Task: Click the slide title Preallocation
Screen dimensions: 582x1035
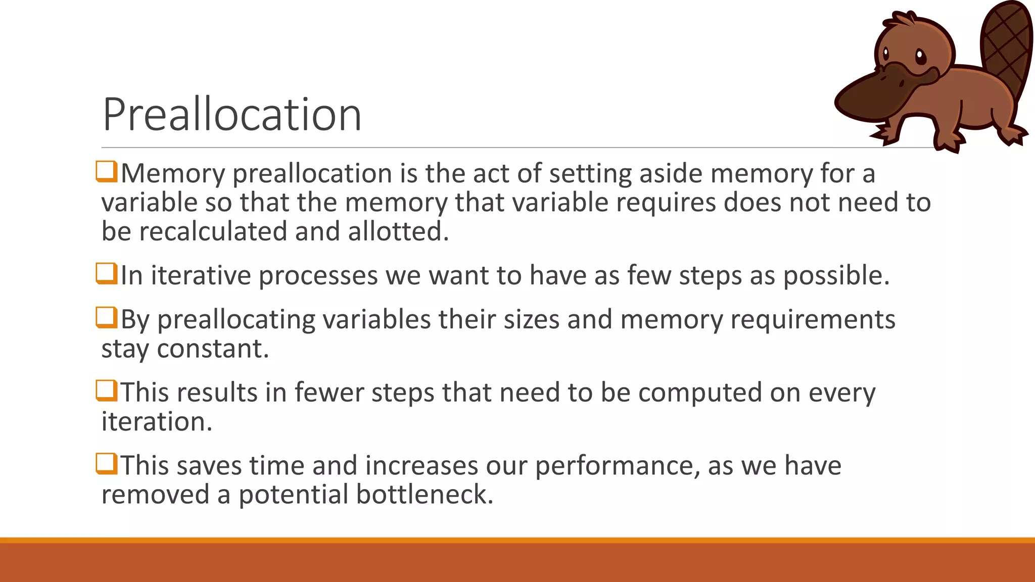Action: click(232, 115)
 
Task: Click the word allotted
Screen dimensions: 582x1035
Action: click(398, 232)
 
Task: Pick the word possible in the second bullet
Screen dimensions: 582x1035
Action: click(836, 276)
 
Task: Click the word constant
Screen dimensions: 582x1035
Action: click(213, 349)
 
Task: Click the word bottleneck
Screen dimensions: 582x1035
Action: click(425, 495)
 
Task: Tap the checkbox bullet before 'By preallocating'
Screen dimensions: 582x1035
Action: click(107, 318)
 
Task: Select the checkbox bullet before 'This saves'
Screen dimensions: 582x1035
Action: click(107, 464)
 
